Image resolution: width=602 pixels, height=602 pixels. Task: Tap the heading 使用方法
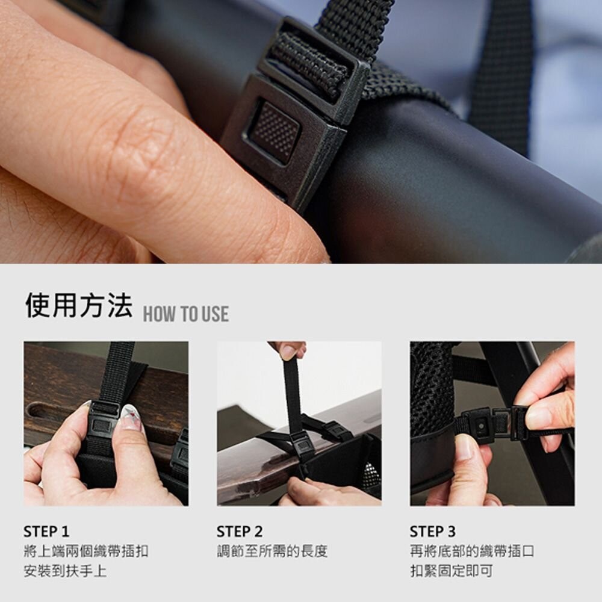tap(79, 305)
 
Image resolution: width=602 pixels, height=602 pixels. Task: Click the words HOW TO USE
tap(186, 314)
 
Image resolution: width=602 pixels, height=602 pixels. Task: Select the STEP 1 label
tap(46, 532)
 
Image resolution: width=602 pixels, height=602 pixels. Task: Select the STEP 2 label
tap(240, 532)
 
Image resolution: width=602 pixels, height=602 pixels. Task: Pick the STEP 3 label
tap(433, 532)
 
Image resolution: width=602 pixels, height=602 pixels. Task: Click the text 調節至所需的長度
tap(272, 551)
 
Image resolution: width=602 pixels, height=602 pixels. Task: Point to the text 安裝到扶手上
tap(65, 571)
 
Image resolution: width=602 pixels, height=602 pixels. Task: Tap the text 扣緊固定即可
tap(451, 571)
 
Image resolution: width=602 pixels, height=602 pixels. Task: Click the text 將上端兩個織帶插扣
tap(86, 551)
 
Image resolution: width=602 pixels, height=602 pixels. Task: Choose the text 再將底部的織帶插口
tap(472, 551)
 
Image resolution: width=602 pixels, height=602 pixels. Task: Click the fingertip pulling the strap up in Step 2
tap(288, 350)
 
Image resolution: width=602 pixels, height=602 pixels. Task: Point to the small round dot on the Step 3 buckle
tap(480, 426)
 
